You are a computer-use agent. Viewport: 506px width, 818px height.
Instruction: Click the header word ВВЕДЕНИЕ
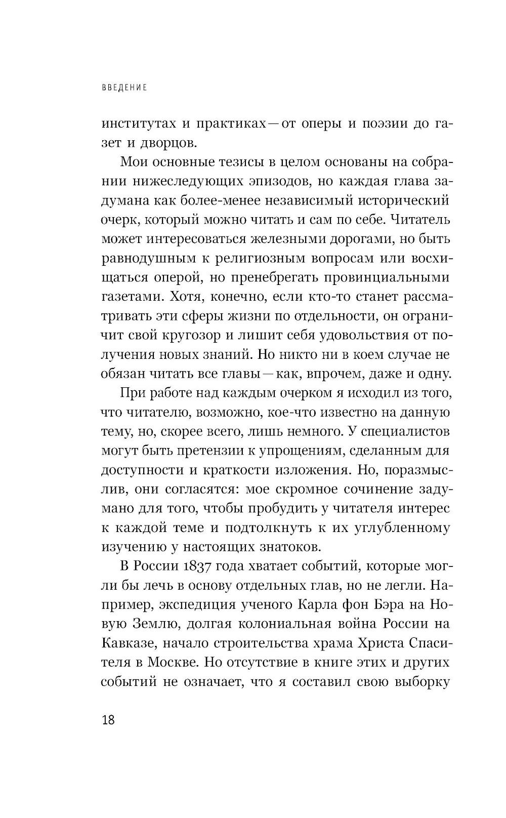coord(124,88)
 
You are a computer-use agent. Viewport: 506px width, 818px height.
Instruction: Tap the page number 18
coord(108,720)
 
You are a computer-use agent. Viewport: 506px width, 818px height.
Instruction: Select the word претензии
coord(198,451)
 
